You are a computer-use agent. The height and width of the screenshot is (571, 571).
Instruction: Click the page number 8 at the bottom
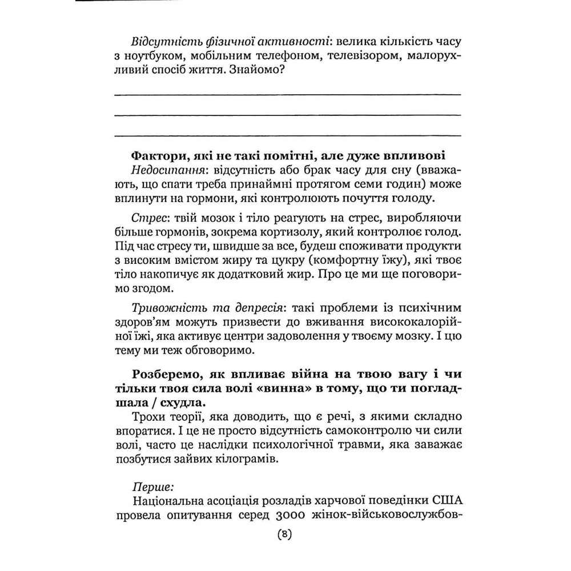tap(284, 535)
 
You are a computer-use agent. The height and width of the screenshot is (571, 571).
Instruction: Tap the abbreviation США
tap(449, 500)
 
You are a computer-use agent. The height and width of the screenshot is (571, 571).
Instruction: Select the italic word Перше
tap(152, 486)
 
